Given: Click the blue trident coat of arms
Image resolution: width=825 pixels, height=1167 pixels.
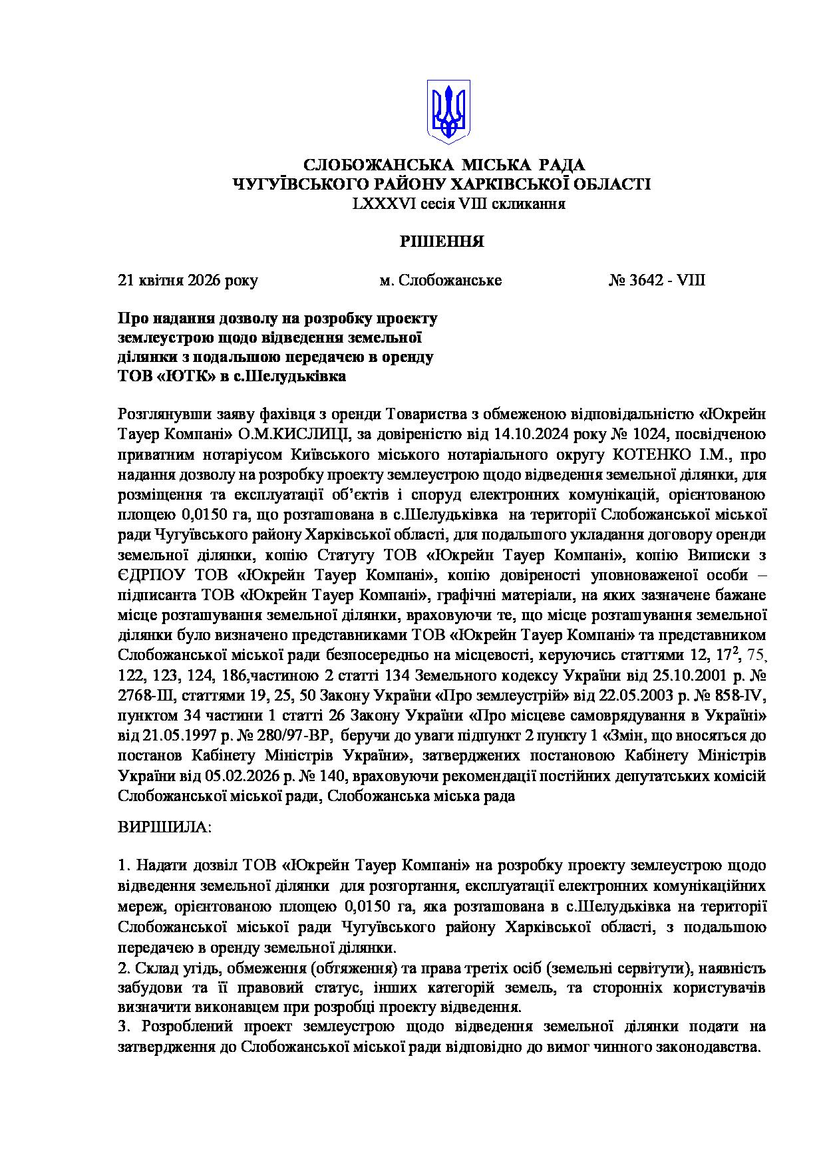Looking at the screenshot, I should coord(448,111).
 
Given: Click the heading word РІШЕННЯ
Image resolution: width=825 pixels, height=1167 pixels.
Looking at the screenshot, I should coord(441,242).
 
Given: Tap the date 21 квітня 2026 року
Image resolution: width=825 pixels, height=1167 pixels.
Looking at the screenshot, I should coord(188,280).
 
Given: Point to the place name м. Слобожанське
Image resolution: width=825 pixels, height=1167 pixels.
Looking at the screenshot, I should coord(440,280).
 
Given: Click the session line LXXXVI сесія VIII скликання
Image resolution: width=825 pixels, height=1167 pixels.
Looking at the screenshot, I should coord(459,204).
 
